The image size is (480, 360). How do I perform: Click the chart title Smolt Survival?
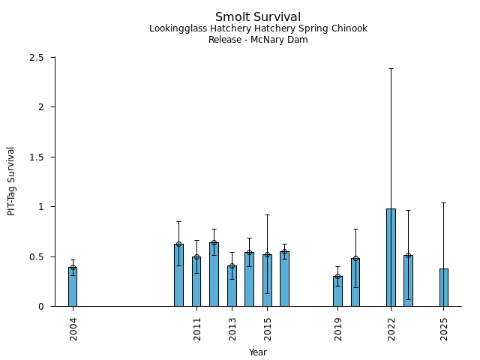tap(258, 17)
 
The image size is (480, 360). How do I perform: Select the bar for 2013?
tap(232, 286)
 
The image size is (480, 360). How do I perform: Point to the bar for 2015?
tap(267, 280)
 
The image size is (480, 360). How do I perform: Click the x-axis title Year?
tap(258, 352)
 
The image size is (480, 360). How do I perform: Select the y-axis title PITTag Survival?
tap(11, 181)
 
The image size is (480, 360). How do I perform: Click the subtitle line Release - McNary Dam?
tap(258, 40)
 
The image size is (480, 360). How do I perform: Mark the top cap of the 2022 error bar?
tap(391, 68)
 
